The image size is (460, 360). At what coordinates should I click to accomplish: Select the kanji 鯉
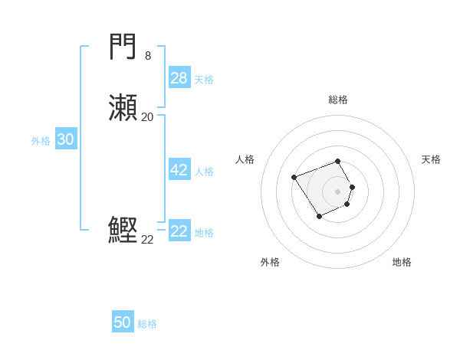click(x=123, y=230)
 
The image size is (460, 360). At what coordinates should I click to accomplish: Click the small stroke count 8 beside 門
click(x=148, y=55)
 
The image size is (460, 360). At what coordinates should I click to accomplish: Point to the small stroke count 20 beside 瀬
click(x=148, y=117)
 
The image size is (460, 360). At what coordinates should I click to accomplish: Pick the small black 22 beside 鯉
click(x=147, y=240)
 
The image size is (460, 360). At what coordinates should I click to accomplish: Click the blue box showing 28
click(x=179, y=78)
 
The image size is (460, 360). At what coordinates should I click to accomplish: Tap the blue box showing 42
click(x=179, y=170)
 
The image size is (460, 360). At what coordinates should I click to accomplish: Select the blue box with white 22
click(x=179, y=231)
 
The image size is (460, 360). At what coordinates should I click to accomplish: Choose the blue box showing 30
click(x=66, y=139)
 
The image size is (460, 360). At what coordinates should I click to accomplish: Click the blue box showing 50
click(x=123, y=322)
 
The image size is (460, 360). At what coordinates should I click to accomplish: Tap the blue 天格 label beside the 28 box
click(x=204, y=80)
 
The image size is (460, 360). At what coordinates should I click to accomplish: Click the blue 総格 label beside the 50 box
click(x=147, y=324)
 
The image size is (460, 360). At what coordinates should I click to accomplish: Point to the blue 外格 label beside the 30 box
click(x=41, y=141)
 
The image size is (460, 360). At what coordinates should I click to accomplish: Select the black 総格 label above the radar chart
click(x=338, y=100)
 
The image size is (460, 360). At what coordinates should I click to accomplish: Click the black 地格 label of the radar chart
click(x=402, y=262)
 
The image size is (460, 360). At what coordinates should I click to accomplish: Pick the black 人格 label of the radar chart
click(x=245, y=159)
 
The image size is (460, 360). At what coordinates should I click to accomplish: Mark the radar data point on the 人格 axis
click(x=294, y=178)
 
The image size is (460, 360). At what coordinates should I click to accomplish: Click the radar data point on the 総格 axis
click(x=338, y=162)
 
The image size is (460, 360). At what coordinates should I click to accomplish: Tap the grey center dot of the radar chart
click(x=338, y=191)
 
